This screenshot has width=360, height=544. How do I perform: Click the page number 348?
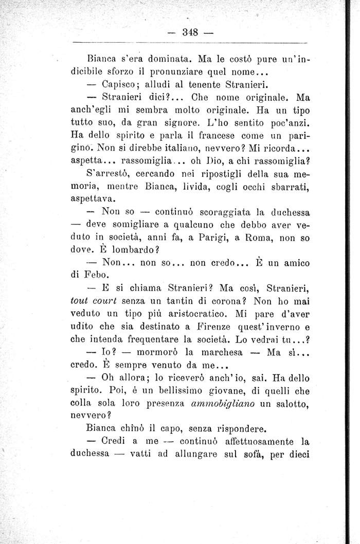pos(191,32)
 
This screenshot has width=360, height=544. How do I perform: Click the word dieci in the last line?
pos(295,455)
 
